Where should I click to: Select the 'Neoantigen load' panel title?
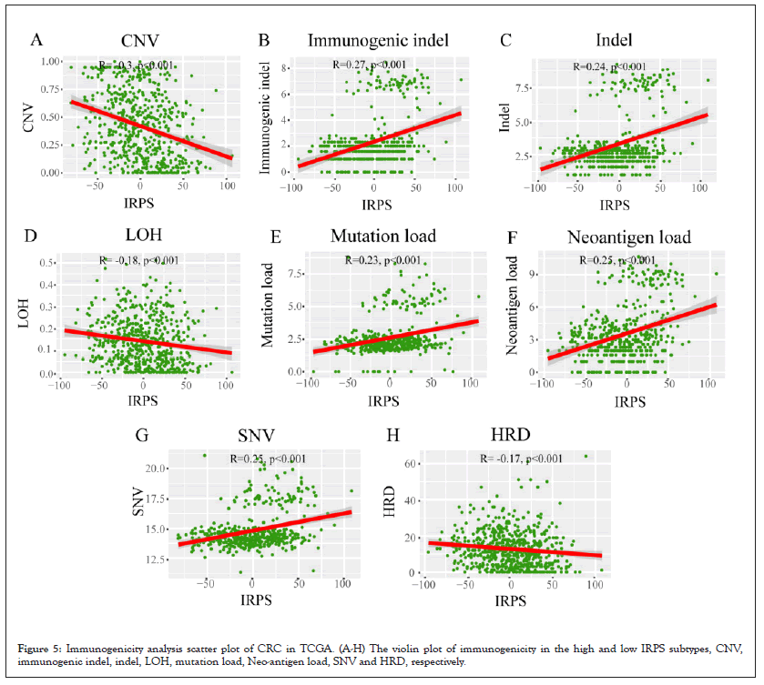coord(628,237)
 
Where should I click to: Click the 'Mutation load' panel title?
coord(382,237)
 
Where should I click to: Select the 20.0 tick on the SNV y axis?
coord(157,468)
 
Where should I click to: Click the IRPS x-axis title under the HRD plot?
coord(511,601)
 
